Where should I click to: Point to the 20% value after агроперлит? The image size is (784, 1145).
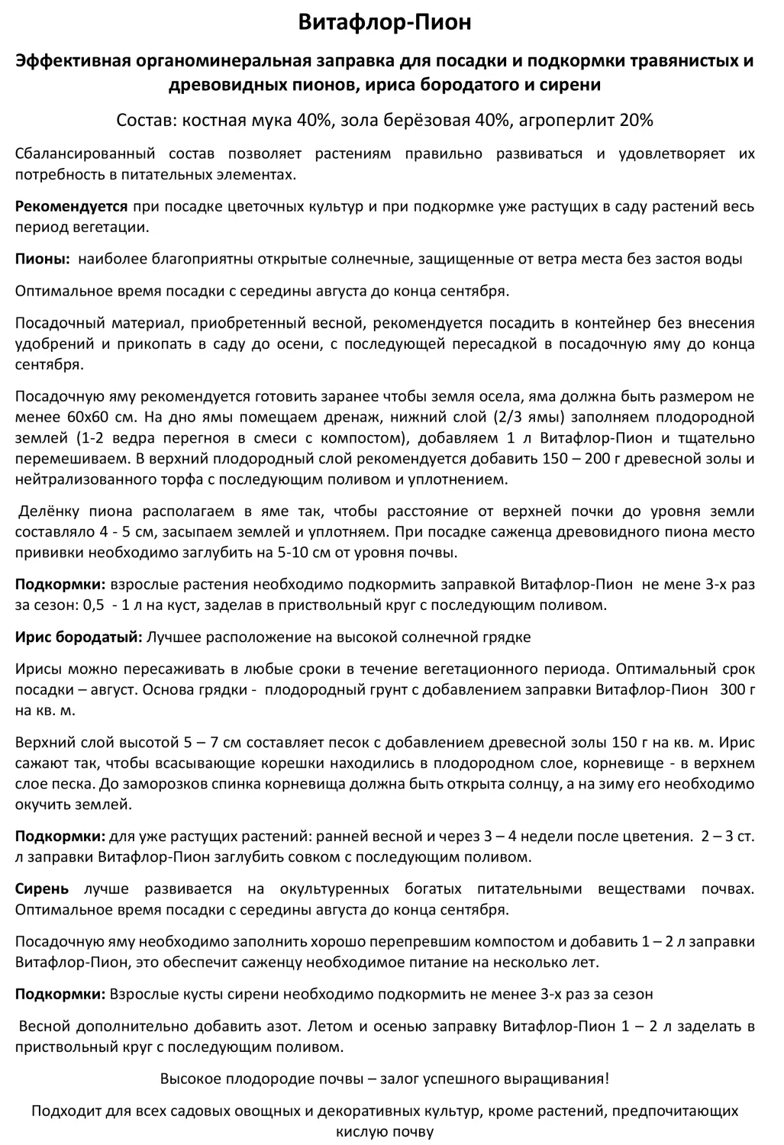[636, 121]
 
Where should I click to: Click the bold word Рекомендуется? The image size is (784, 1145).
[72, 207]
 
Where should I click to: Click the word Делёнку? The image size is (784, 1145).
[50, 511]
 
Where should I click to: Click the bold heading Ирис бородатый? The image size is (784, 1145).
[79, 637]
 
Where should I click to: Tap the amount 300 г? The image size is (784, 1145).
[742, 690]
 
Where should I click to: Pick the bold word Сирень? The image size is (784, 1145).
[42, 889]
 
